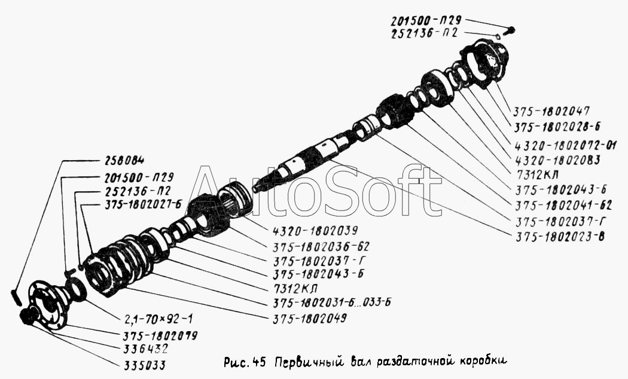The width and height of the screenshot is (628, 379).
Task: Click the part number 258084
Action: pyautogui.click(x=124, y=160)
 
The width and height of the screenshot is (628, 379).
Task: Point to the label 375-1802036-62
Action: pyautogui.click(x=321, y=246)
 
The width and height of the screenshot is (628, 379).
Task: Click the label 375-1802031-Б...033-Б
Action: pyautogui.click(x=331, y=302)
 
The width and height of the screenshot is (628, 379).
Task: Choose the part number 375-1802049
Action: pyautogui.click(x=310, y=318)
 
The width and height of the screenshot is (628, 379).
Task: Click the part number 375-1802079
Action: pyautogui.click(x=158, y=335)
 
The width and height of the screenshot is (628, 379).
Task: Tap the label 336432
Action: pyautogui.click(x=144, y=349)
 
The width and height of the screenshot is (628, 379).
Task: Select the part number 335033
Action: pyautogui.click(x=142, y=365)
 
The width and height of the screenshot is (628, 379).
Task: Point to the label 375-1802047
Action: pyautogui.click(x=552, y=111)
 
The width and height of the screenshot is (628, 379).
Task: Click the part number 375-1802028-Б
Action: pyautogui.click(x=557, y=127)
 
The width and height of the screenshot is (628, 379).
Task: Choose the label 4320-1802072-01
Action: pyautogui.click(x=566, y=144)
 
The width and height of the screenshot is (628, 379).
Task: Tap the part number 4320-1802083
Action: pyautogui.click(x=557, y=160)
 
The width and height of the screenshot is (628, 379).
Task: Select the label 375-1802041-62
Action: pyautogui.click(x=563, y=205)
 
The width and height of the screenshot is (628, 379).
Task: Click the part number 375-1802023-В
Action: pyautogui.click(x=559, y=237)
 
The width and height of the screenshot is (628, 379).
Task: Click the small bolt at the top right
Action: pyautogui.click(x=510, y=30)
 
